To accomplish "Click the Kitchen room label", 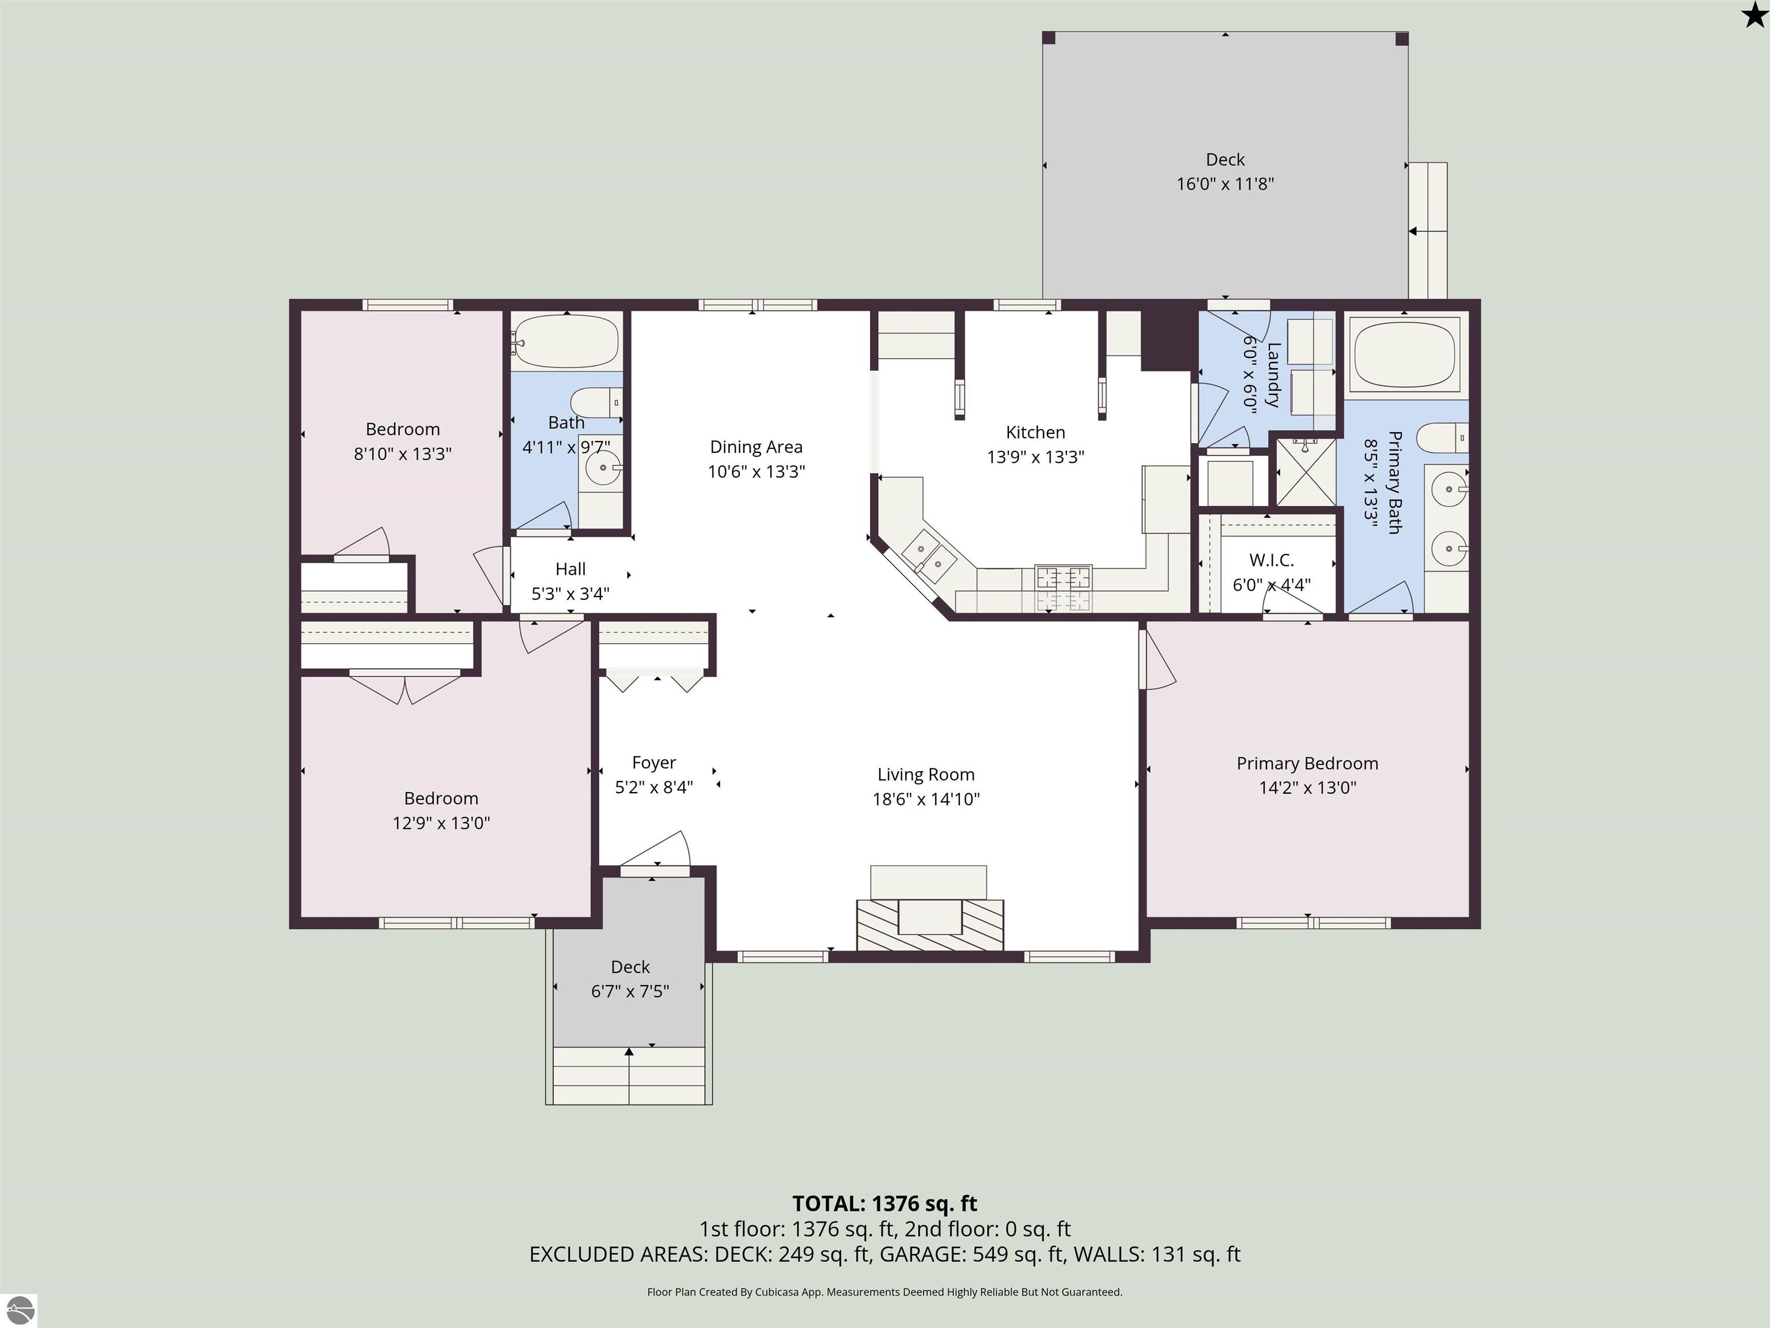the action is (x=1035, y=432).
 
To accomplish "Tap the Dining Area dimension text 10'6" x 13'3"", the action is (x=756, y=471).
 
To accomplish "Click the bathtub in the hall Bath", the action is (x=566, y=341).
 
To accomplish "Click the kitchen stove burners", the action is (x=1064, y=588).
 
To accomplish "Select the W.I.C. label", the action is (x=1272, y=560).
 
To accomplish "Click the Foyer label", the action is (x=654, y=763).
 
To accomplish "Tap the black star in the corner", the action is (x=1754, y=15).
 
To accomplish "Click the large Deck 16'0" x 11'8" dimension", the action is (x=1225, y=184).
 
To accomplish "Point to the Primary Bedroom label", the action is (x=1307, y=764).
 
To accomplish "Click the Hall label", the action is (x=570, y=569).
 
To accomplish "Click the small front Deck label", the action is (x=630, y=967).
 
